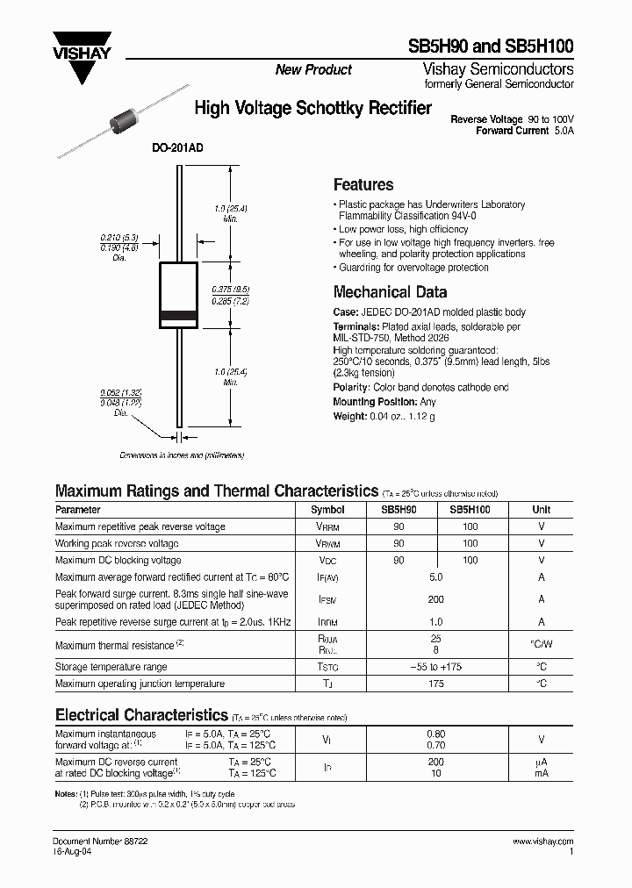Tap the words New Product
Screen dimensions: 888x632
point(313,69)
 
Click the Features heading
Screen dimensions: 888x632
point(363,184)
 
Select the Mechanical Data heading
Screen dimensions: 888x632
point(390,292)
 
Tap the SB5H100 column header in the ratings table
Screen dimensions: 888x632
point(470,509)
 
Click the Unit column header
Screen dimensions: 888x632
point(541,509)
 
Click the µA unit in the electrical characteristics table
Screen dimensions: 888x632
point(541,762)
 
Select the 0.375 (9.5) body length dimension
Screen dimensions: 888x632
point(231,288)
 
